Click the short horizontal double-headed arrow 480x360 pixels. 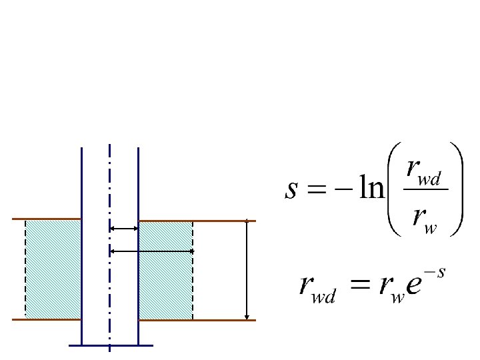click(x=124, y=229)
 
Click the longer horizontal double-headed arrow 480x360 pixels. click(x=151, y=251)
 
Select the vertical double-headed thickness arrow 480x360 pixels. click(x=247, y=269)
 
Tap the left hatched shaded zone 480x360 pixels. click(x=53, y=269)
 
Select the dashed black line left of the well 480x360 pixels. click(x=25, y=269)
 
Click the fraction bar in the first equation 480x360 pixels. click(x=426, y=189)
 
